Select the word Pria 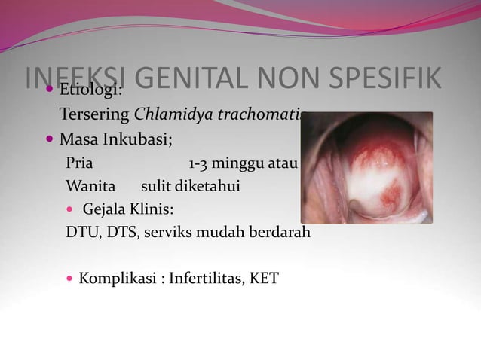tap(80, 163)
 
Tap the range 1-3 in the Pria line tap(200, 163)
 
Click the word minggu tap(240, 163)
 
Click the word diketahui tap(205, 185)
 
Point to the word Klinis tap(158, 209)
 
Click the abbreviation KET tap(265, 279)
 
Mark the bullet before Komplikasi tap(71, 279)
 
